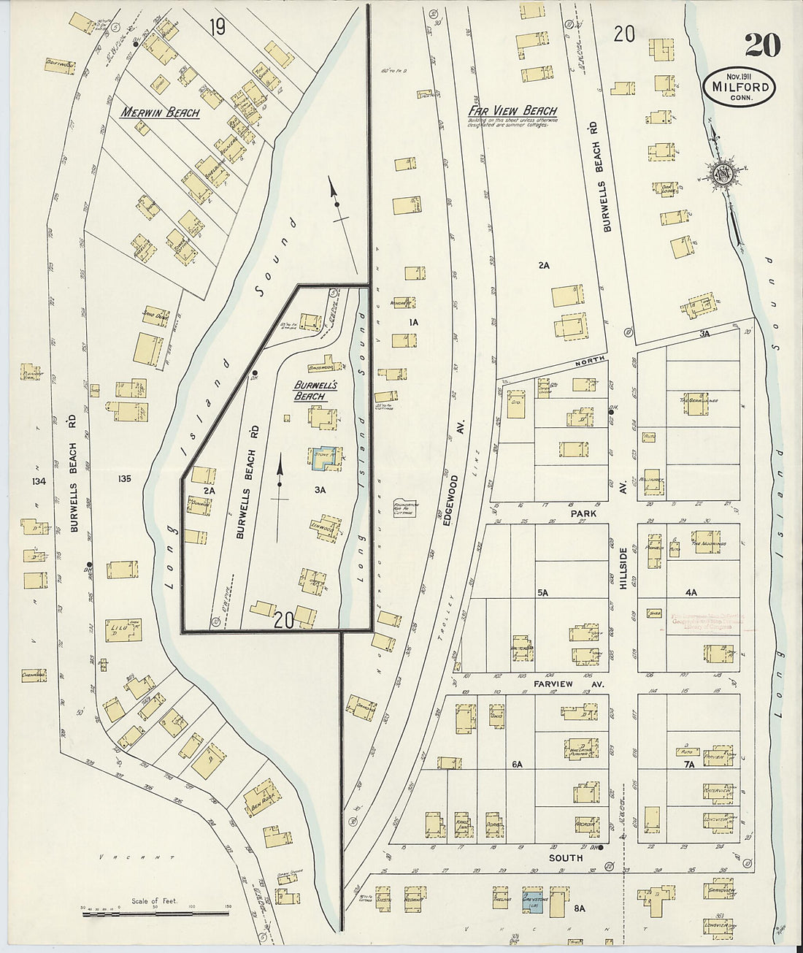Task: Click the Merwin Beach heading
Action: [x=159, y=113]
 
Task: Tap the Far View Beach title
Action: [x=512, y=111]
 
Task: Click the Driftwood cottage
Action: [x=60, y=65]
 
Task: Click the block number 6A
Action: [x=517, y=764]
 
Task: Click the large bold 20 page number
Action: [x=762, y=46]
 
